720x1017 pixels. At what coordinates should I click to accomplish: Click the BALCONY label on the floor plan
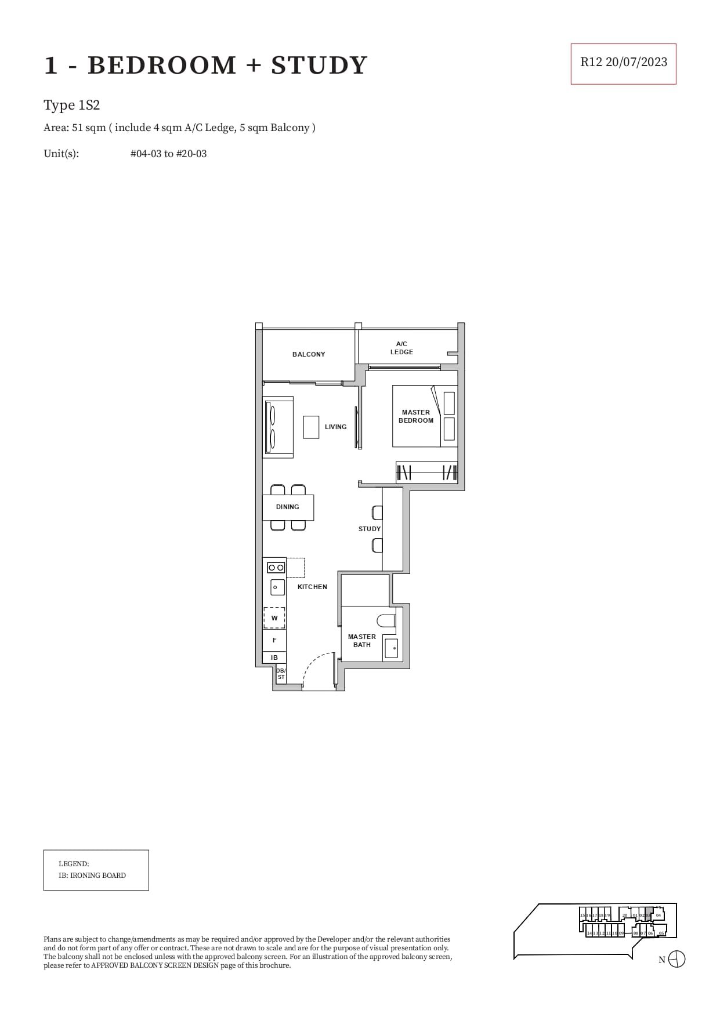pyautogui.click(x=309, y=354)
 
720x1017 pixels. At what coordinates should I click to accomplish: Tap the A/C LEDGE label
pyautogui.click(x=401, y=348)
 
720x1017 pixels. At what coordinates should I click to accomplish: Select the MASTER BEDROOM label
pyautogui.click(x=416, y=416)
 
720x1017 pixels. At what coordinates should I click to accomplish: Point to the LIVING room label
pyautogui.click(x=335, y=427)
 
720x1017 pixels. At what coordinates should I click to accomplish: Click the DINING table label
pyautogui.click(x=288, y=507)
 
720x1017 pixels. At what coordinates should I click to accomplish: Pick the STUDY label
pyautogui.click(x=370, y=529)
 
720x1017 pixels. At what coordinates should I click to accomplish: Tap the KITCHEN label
pyautogui.click(x=312, y=587)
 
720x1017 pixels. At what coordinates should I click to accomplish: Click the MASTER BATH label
pyautogui.click(x=362, y=641)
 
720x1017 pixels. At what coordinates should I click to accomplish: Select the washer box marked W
pyautogui.click(x=274, y=618)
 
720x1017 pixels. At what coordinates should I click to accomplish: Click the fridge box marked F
pyautogui.click(x=274, y=640)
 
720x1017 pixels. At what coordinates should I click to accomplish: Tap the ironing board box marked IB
pyautogui.click(x=274, y=658)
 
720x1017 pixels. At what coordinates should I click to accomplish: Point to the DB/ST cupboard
pyautogui.click(x=281, y=674)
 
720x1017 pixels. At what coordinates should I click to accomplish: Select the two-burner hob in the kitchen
pyautogui.click(x=276, y=568)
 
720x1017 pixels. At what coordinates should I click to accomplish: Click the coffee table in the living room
pyautogui.click(x=311, y=427)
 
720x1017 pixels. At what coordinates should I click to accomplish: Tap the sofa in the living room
pyautogui.click(x=278, y=427)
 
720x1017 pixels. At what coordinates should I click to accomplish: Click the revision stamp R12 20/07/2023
pyautogui.click(x=623, y=63)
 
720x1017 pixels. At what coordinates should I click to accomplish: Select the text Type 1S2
pyautogui.click(x=72, y=106)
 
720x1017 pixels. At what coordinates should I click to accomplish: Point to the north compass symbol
pyautogui.click(x=676, y=959)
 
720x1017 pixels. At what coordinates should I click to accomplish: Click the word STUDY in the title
pyautogui.click(x=319, y=65)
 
